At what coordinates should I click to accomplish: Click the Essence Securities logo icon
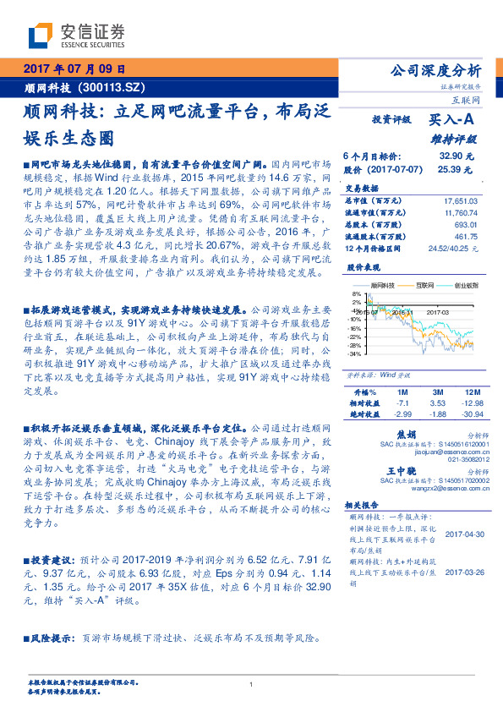click(41, 35)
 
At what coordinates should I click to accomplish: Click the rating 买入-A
click(453, 121)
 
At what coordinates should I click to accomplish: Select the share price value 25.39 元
click(459, 169)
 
